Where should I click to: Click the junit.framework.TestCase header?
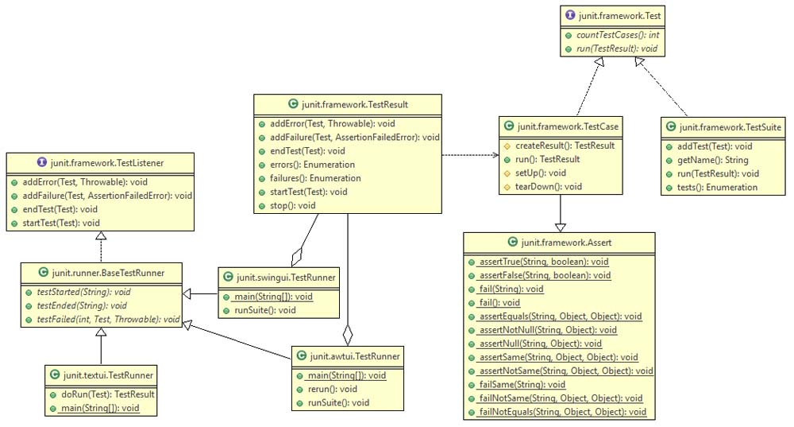561,126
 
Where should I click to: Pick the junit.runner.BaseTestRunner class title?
103,273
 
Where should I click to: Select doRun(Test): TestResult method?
105,394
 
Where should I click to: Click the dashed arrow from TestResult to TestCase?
468,154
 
